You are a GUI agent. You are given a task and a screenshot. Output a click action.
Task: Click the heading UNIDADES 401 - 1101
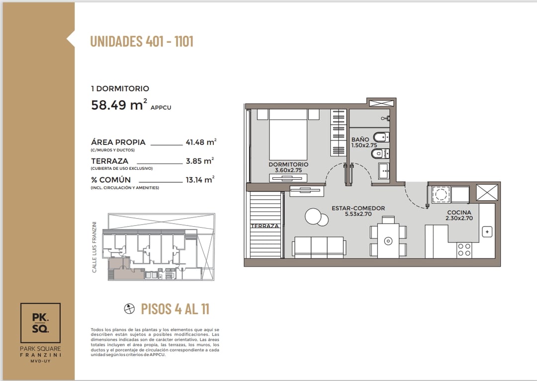[141, 41]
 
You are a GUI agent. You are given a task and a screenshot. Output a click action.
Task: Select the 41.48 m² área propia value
[201, 142]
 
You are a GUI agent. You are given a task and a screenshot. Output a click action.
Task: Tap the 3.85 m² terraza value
[200, 161]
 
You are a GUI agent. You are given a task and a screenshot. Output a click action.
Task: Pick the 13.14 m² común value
[200, 180]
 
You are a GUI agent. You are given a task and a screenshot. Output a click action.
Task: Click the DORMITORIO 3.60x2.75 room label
[288, 167]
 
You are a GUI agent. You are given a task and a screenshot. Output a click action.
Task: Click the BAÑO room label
[363, 142]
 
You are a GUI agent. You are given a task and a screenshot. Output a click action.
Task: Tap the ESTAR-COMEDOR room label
[358, 211]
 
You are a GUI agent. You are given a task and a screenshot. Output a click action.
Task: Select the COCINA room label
[459, 215]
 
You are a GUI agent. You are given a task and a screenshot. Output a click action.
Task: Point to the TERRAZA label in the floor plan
[265, 226]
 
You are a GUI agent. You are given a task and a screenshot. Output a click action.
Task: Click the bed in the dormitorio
[288, 134]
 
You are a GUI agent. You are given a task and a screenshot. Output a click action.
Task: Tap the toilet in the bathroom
[381, 137]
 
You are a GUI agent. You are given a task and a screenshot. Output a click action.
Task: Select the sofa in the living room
[319, 247]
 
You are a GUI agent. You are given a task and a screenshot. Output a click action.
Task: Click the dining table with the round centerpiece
[388, 241]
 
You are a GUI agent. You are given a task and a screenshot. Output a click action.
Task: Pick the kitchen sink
[487, 232]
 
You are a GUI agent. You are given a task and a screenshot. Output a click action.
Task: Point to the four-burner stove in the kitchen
[464, 250]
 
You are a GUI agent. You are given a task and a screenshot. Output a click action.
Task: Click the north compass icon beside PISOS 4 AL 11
[129, 309]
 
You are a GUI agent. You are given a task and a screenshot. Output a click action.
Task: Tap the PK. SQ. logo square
[40, 323]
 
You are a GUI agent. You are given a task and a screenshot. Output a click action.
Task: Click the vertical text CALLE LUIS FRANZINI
[94, 247]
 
